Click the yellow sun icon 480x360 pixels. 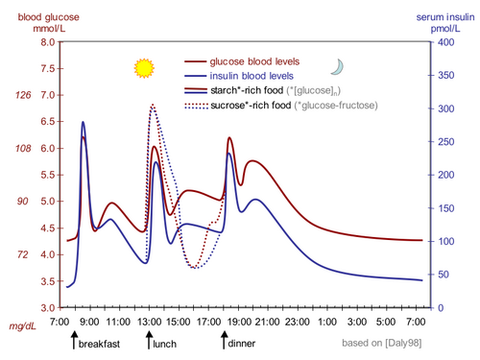click(144, 68)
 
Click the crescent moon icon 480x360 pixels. click(337, 66)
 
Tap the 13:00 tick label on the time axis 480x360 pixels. click(148, 321)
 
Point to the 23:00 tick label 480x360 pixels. click(296, 321)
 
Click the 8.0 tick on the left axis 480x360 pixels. click(48, 42)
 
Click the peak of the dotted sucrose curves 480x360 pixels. click(153, 105)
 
